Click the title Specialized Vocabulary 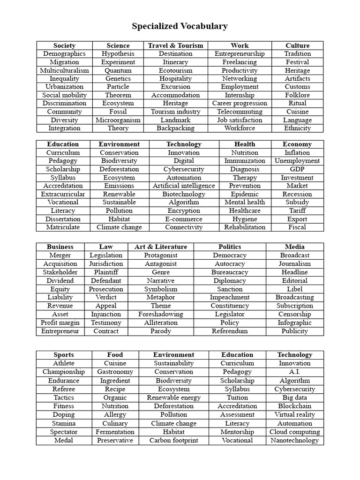(180, 26)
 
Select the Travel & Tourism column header (176, 45)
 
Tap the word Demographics (64, 54)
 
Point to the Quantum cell (118, 70)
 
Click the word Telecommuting (240, 112)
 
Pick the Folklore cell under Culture (298, 95)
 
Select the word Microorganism (118, 120)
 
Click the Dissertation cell (63, 219)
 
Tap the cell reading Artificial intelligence (184, 186)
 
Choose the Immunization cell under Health (245, 161)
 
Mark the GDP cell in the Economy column (297, 169)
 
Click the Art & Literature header (161, 247)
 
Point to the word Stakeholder (60, 272)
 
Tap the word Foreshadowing (161, 314)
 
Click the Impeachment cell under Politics (230, 297)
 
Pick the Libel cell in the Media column (295, 289)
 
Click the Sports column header (64, 355)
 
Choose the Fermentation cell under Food (115, 432)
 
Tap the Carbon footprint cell (173, 440)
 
